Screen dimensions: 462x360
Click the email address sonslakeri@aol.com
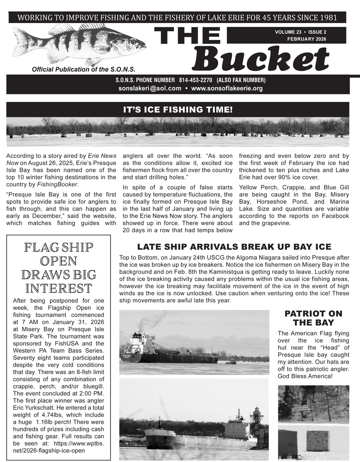point(150,88)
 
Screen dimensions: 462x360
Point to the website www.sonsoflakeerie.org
point(227,88)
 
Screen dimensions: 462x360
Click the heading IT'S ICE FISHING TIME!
point(178,110)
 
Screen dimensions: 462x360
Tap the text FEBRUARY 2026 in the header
point(306,39)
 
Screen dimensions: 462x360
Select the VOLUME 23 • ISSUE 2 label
point(300,32)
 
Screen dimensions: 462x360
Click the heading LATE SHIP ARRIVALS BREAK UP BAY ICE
point(234,247)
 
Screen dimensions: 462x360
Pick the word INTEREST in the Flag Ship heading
point(59,288)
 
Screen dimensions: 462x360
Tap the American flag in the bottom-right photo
point(300,409)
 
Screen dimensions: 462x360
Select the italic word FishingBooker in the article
point(60,184)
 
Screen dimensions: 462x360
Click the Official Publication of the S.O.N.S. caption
point(84,69)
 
